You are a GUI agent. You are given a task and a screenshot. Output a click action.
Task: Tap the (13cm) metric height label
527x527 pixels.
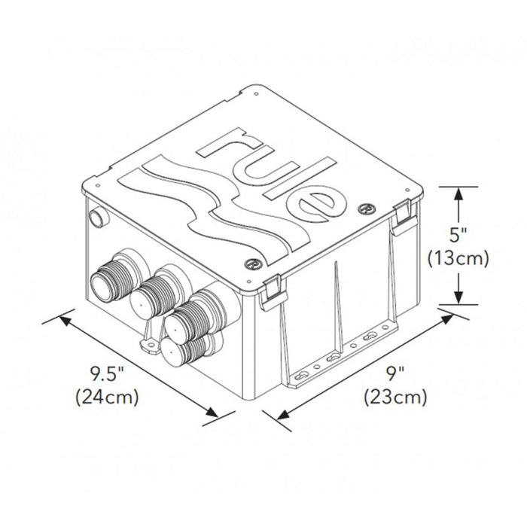pyautogui.click(x=459, y=258)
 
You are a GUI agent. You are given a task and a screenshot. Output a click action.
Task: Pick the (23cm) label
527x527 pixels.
pyautogui.click(x=396, y=395)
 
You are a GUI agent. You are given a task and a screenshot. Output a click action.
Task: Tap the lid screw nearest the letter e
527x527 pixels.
pyautogui.click(x=368, y=207)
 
